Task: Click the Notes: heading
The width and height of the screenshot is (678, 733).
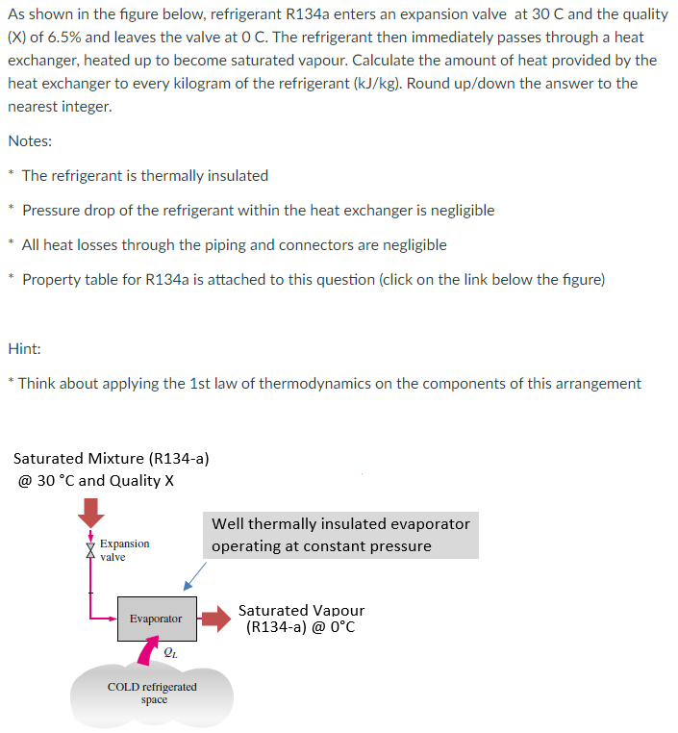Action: point(30,141)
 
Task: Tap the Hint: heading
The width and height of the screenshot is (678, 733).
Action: point(24,348)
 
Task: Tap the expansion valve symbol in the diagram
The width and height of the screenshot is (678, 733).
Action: point(91,550)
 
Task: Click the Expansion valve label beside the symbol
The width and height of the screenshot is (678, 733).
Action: point(124,550)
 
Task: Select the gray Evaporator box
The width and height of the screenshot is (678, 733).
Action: point(156,619)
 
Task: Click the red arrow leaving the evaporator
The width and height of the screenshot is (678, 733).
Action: point(215,619)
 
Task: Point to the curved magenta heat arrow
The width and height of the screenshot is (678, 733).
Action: point(146,654)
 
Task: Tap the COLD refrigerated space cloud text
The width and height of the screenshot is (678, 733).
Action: point(152,694)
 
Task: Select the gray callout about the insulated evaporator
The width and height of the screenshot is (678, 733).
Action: point(340,535)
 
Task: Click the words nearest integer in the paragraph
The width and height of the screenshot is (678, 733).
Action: point(60,107)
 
